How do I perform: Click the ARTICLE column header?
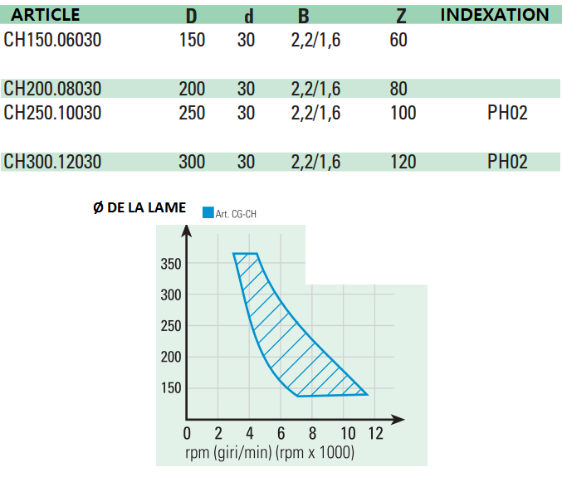click(x=45, y=15)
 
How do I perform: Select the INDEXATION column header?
click(x=494, y=15)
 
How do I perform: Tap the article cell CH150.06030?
click(x=52, y=40)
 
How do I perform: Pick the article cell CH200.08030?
click(x=52, y=89)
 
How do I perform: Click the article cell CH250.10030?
click(x=52, y=113)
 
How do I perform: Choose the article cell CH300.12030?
click(x=52, y=162)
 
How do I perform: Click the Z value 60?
click(x=398, y=40)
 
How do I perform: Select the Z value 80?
click(x=398, y=89)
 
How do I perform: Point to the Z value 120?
click(x=403, y=162)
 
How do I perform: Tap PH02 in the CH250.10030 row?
click(x=507, y=113)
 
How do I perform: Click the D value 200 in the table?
click(x=192, y=89)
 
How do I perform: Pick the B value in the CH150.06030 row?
click(x=316, y=40)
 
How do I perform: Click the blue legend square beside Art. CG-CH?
click(x=208, y=212)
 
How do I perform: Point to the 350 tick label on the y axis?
click(x=171, y=264)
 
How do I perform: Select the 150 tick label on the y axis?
click(x=171, y=388)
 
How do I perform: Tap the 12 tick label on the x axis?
click(x=375, y=433)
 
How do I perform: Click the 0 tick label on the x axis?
click(x=187, y=433)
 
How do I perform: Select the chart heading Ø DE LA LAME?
click(x=139, y=207)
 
